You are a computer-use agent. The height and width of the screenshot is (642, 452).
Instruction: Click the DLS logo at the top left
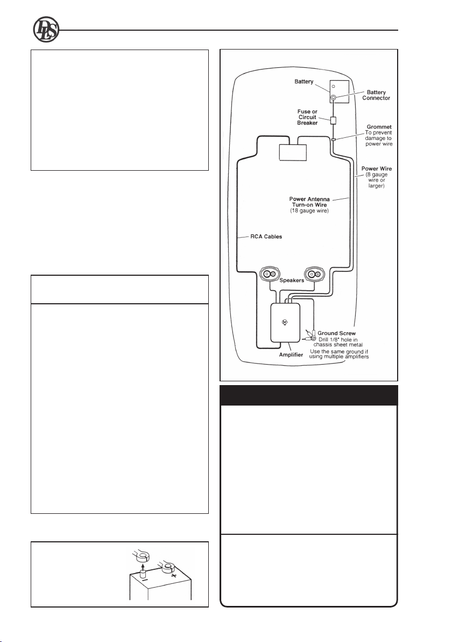point(46,30)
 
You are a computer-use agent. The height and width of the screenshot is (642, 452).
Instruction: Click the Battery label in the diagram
point(304,81)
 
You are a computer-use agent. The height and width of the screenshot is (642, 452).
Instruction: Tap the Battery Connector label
point(376,95)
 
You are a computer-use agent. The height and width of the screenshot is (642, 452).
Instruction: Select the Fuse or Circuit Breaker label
point(307,117)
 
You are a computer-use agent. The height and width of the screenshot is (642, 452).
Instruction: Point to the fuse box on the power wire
point(334,121)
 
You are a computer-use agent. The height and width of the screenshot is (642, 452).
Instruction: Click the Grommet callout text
point(379,136)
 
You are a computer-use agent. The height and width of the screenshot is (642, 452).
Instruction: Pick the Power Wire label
point(376,177)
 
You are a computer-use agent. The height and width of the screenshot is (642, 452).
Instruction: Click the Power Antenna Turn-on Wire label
point(309,205)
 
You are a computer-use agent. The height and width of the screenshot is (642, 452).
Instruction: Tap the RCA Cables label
point(266,236)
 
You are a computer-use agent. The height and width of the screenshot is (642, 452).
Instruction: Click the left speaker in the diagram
point(269,274)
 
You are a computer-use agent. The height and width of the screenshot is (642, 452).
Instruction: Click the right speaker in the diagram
point(314,274)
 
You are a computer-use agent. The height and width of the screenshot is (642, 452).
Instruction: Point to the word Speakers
point(292,281)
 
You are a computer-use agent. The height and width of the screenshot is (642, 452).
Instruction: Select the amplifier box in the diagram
point(285,323)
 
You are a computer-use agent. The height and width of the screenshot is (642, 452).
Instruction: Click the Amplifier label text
point(291,355)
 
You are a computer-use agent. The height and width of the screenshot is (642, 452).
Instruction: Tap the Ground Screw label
point(337,333)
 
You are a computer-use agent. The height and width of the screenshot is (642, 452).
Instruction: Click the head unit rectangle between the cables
point(293,153)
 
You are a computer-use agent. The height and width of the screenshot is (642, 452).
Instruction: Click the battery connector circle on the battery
point(334,98)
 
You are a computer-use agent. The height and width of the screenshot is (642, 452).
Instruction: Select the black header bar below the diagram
point(309,395)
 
